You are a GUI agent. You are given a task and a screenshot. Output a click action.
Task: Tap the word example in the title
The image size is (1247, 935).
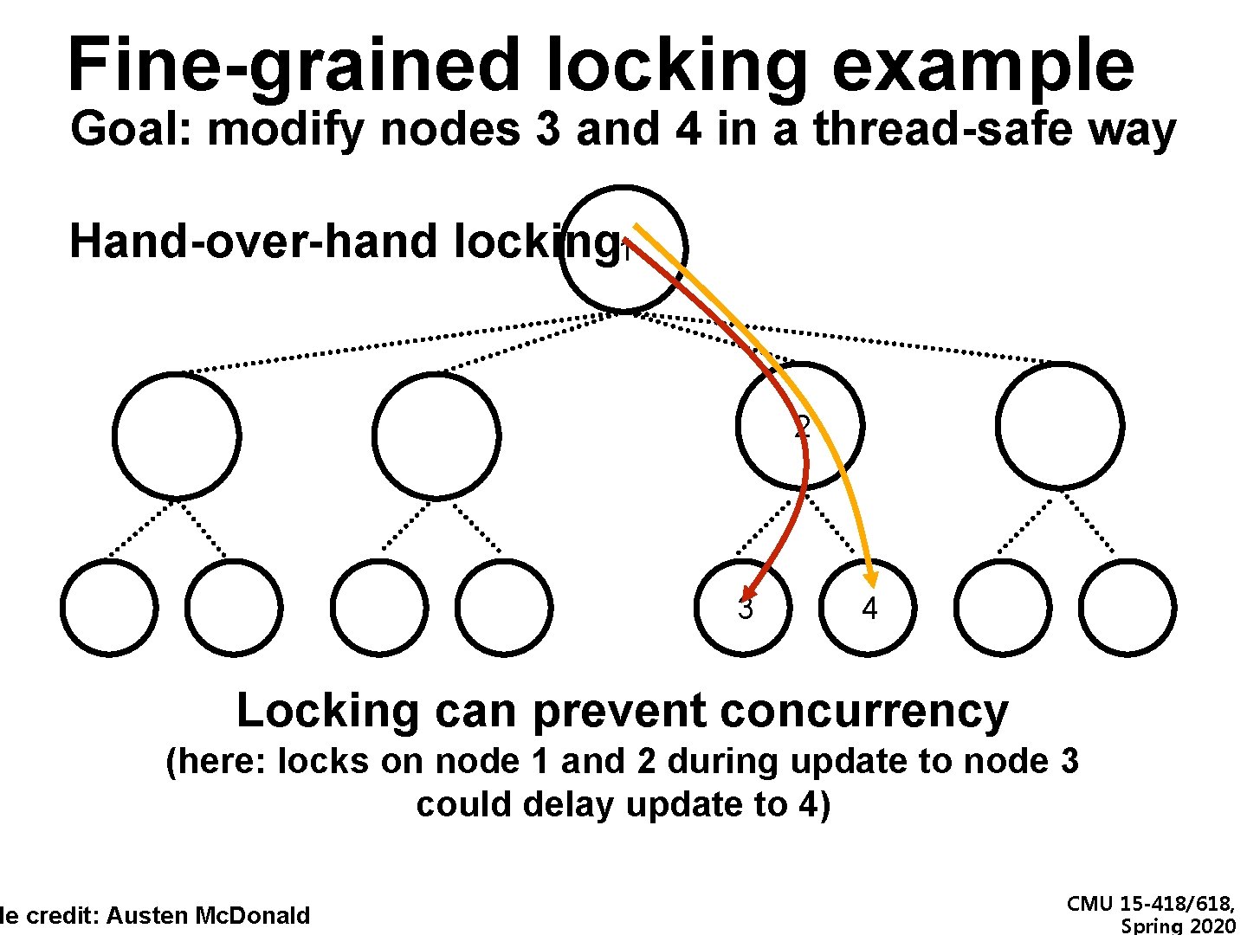(x=982, y=67)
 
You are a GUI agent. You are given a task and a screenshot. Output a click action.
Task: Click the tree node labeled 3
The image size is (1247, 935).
(x=743, y=608)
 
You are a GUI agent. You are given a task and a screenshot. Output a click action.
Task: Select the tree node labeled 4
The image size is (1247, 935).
(x=868, y=608)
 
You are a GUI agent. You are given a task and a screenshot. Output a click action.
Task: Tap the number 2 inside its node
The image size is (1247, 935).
(x=802, y=426)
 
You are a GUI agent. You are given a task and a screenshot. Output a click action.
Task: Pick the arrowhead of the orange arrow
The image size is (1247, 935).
(x=870, y=577)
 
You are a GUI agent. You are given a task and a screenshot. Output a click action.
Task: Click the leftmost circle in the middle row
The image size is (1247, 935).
(x=176, y=435)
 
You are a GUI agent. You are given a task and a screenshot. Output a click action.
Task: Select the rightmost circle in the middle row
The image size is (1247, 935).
(x=1059, y=426)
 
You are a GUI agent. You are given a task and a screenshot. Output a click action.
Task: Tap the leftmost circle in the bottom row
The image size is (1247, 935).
(x=109, y=608)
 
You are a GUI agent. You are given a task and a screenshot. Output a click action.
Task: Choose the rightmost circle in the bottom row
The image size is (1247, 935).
(x=1127, y=608)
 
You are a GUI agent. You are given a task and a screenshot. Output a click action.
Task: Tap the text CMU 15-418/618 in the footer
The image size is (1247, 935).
(x=1150, y=904)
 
